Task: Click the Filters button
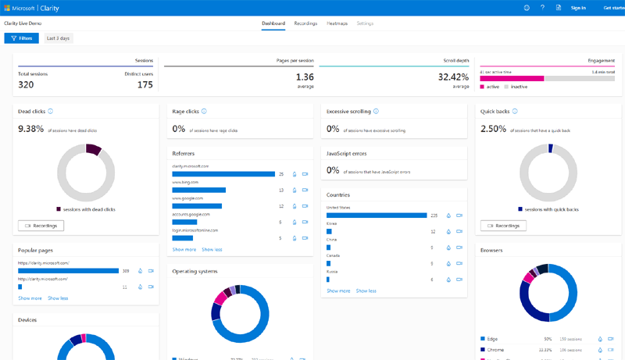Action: (21, 38)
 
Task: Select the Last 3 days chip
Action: (58, 38)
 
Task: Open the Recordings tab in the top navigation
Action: (305, 23)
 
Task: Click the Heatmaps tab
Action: (337, 23)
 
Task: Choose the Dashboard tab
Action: (273, 23)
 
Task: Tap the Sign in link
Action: (578, 8)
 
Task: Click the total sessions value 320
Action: (26, 85)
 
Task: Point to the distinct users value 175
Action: (145, 85)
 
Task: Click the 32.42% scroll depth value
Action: (454, 77)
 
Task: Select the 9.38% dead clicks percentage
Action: (30, 130)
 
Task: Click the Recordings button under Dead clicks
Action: (41, 226)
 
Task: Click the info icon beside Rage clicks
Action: (204, 112)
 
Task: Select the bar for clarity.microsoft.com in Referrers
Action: (223, 174)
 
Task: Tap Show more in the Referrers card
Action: (184, 250)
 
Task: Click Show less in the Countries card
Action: (366, 290)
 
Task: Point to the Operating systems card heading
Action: (195, 271)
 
